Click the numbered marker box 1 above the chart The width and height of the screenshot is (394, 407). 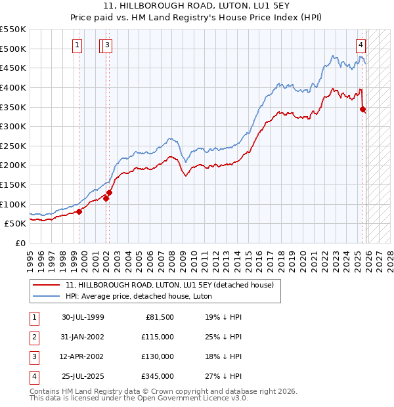(77, 45)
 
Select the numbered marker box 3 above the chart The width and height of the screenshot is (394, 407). (107, 45)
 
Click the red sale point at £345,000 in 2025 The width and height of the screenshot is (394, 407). (362, 110)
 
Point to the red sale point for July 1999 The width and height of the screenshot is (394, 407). (79, 211)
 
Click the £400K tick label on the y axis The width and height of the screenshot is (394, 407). (13, 87)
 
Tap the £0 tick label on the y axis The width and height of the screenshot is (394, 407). (20, 243)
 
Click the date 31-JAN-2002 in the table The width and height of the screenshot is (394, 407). (83, 337)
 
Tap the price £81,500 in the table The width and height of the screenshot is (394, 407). (158, 317)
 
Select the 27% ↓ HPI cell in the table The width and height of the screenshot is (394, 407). (223, 376)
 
